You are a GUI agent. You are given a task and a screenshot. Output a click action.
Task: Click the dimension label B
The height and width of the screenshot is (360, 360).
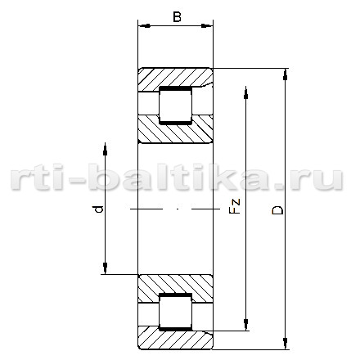(x=177, y=17)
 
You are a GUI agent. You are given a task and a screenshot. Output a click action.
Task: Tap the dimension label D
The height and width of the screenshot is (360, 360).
(x=277, y=210)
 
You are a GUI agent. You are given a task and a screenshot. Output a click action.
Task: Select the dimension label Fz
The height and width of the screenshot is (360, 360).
(x=235, y=206)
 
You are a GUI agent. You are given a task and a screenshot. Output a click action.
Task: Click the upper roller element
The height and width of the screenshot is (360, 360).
(x=176, y=106)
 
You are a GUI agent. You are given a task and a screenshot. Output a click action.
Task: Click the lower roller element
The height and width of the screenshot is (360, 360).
(x=176, y=312)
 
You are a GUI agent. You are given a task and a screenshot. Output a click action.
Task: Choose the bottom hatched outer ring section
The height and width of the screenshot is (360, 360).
(x=175, y=338)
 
